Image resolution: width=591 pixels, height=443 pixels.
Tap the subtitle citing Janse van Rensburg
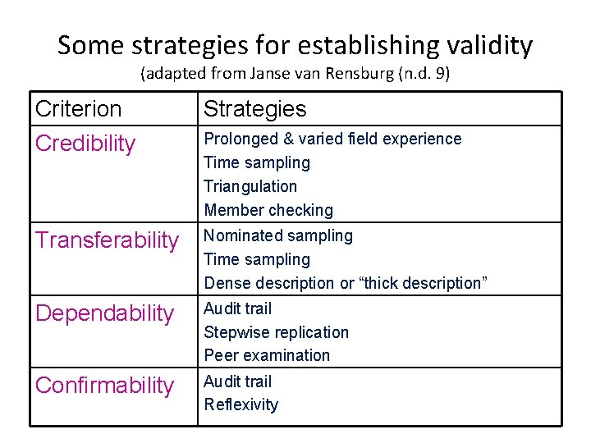[x=295, y=74]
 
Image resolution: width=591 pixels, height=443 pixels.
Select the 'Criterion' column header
[x=78, y=108]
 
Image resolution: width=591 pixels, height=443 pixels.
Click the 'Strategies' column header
[x=254, y=108]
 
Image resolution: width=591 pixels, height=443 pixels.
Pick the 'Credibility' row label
[x=85, y=144]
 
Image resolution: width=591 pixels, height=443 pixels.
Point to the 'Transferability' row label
[x=107, y=240]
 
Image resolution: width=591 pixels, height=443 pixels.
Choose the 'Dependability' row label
[x=104, y=313]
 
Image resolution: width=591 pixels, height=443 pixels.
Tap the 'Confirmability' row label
[x=104, y=386]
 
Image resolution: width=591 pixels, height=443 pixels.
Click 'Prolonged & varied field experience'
[x=332, y=139]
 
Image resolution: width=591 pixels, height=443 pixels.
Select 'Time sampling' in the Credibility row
[x=257, y=162]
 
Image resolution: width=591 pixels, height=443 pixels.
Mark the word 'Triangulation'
[x=250, y=186]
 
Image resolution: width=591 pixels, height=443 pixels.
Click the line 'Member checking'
[x=268, y=210]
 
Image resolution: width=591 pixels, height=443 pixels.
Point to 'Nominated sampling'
[x=278, y=235]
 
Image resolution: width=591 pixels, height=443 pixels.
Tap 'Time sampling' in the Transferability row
[x=257, y=259]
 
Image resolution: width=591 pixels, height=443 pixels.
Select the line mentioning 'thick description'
[x=346, y=283]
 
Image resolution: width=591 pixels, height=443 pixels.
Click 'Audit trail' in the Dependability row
[x=238, y=308]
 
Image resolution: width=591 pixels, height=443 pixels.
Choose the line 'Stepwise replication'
[x=277, y=332]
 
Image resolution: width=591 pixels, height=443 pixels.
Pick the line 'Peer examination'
[x=267, y=355]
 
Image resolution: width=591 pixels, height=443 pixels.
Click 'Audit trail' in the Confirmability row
[x=238, y=381]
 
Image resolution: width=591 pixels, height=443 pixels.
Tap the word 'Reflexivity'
[x=241, y=404]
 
